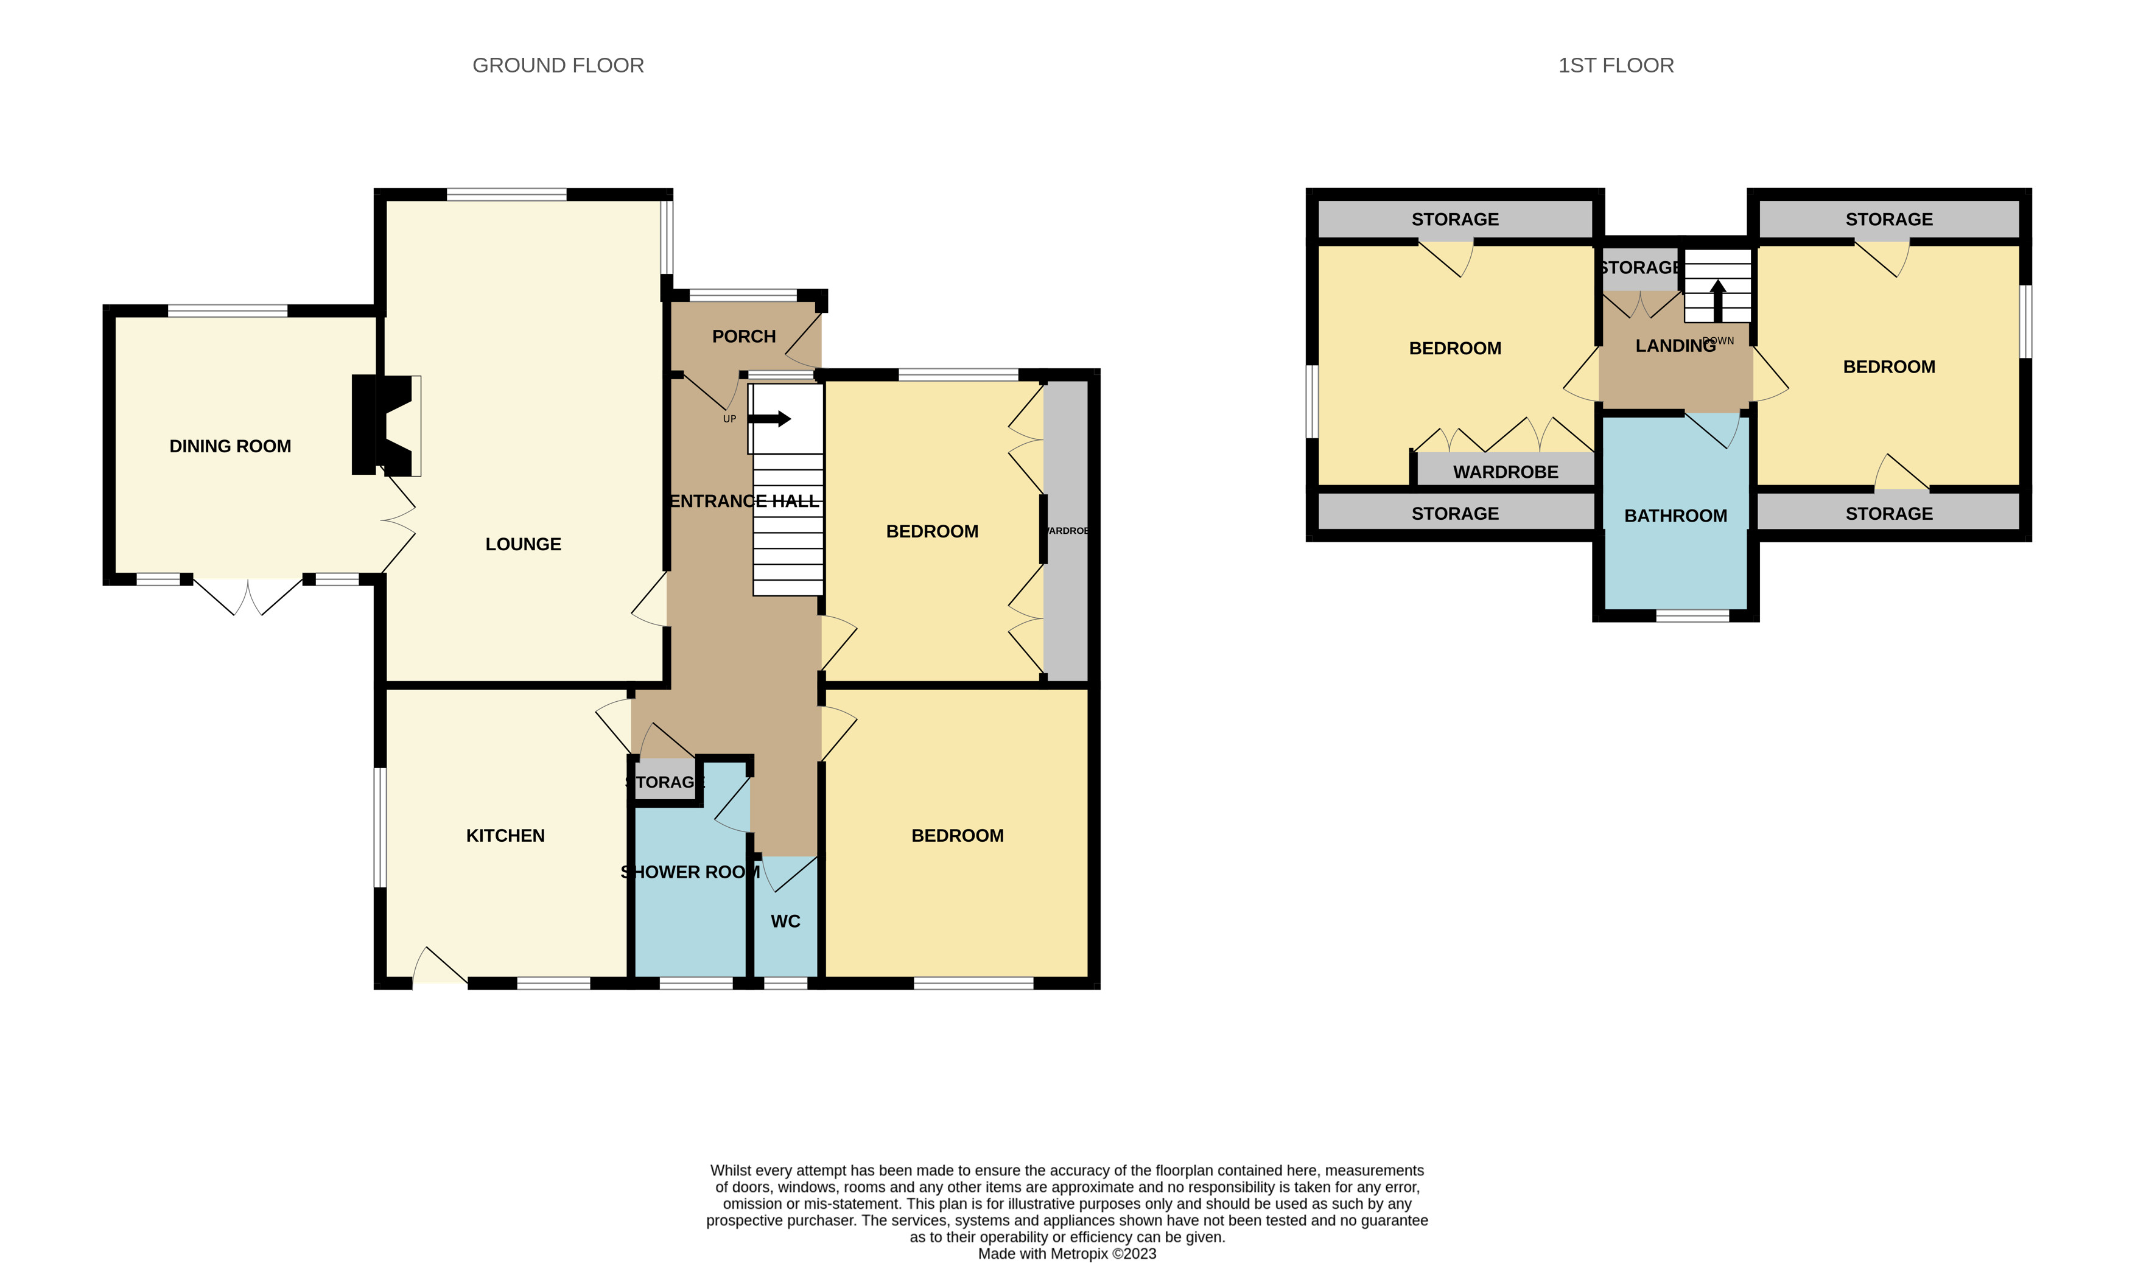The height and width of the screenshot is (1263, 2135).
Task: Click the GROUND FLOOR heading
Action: coord(558,66)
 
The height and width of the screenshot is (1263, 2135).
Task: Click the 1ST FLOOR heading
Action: coord(1615,66)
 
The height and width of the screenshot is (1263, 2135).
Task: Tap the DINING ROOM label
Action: coord(230,446)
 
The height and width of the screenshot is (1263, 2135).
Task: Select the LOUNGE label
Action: coord(523,544)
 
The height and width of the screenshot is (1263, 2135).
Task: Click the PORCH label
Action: coord(743,336)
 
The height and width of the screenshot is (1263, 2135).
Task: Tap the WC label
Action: coord(785,921)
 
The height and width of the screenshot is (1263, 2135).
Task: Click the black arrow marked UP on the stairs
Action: coord(770,419)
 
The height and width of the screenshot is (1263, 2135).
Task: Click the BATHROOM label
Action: coord(1675,516)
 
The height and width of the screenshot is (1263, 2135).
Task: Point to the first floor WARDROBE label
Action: coord(1505,472)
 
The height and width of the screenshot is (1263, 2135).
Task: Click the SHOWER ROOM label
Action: coord(690,872)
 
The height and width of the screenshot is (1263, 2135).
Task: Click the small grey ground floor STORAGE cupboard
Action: coord(665,780)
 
